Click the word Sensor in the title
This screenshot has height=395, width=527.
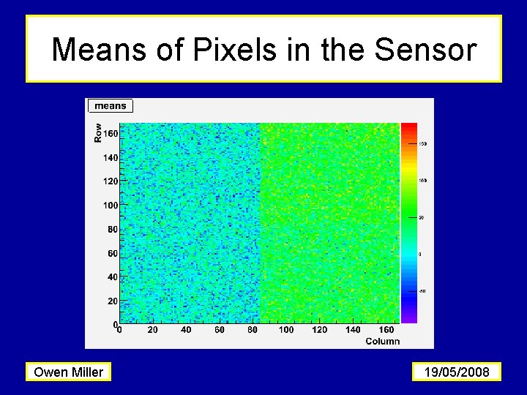coord(425,50)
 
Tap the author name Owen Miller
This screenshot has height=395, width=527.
coord(69,372)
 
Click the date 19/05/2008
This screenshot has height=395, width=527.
coord(457,372)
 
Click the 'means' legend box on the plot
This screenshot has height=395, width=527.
coord(111,106)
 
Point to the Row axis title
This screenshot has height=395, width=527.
coord(98,132)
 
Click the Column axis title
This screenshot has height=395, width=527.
coord(382,341)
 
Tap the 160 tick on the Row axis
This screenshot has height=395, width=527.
coord(110,134)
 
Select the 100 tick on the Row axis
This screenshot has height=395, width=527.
coord(110,206)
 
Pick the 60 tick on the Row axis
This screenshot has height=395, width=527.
coord(112,253)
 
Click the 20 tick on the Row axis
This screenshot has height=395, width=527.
coord(112,301)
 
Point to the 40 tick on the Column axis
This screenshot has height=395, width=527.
coord(186,330)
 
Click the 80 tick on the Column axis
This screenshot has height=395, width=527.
coord(253,330)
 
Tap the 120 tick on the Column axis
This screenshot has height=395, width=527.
coord(320,330)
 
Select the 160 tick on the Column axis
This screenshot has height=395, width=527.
coord(386,330)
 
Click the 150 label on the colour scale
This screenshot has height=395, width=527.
coord(422,144)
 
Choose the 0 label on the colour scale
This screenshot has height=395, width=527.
coord(419,254)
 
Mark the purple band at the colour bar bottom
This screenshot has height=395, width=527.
coord(408,316)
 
